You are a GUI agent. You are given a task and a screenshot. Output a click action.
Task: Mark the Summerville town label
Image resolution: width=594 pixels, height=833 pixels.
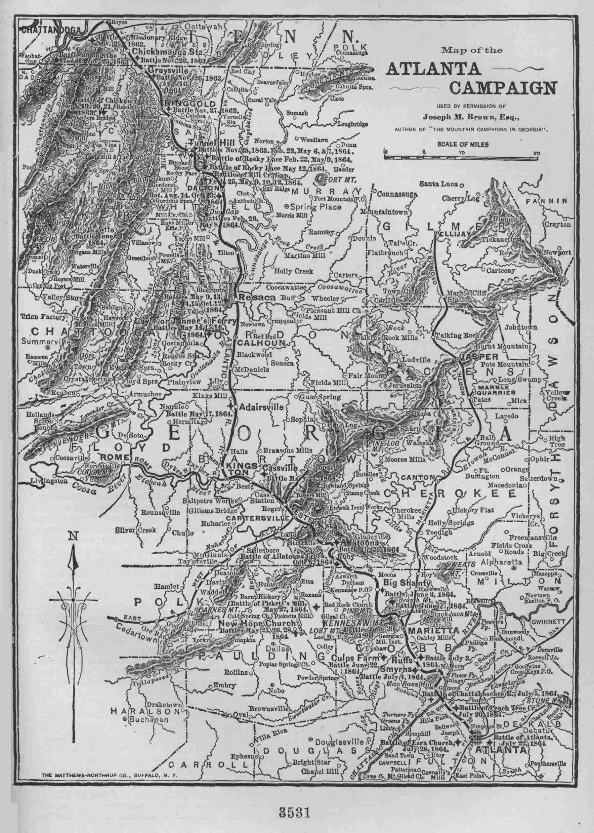pyautogui.click(x=45, y=342)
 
